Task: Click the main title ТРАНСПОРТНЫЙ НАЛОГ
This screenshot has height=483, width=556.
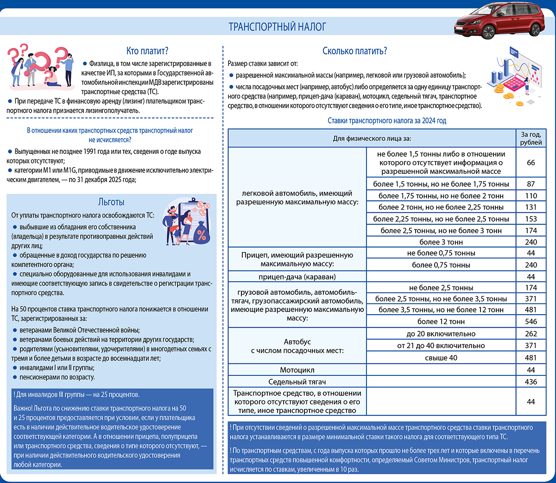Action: click(277, 27)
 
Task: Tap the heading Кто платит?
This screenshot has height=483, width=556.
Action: click(147, 51)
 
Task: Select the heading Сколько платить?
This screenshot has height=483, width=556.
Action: click(354, 51)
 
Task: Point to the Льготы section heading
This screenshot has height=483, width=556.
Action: click(111, 202)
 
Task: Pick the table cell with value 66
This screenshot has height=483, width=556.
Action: click(531, 163)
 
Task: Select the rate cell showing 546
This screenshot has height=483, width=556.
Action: click(531, 322)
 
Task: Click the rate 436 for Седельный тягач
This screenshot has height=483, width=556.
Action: click(531, 382)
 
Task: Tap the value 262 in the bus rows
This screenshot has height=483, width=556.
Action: click(531, 334)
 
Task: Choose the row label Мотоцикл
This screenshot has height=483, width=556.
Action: click(297, 370)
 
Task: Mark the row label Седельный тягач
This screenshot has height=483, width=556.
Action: click(297, 382)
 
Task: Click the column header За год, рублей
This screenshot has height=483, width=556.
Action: click(531, 139)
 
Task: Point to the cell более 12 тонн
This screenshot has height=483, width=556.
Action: click(441, 322)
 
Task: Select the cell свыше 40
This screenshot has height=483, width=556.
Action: click(441, 358)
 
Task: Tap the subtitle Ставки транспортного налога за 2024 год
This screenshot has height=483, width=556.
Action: click(387, 121)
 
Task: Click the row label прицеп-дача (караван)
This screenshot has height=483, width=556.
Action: click(297, 277)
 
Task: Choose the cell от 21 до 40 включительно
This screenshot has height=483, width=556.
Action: click(441, 346)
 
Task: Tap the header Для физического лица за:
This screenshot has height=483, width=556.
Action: click(372, 139)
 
